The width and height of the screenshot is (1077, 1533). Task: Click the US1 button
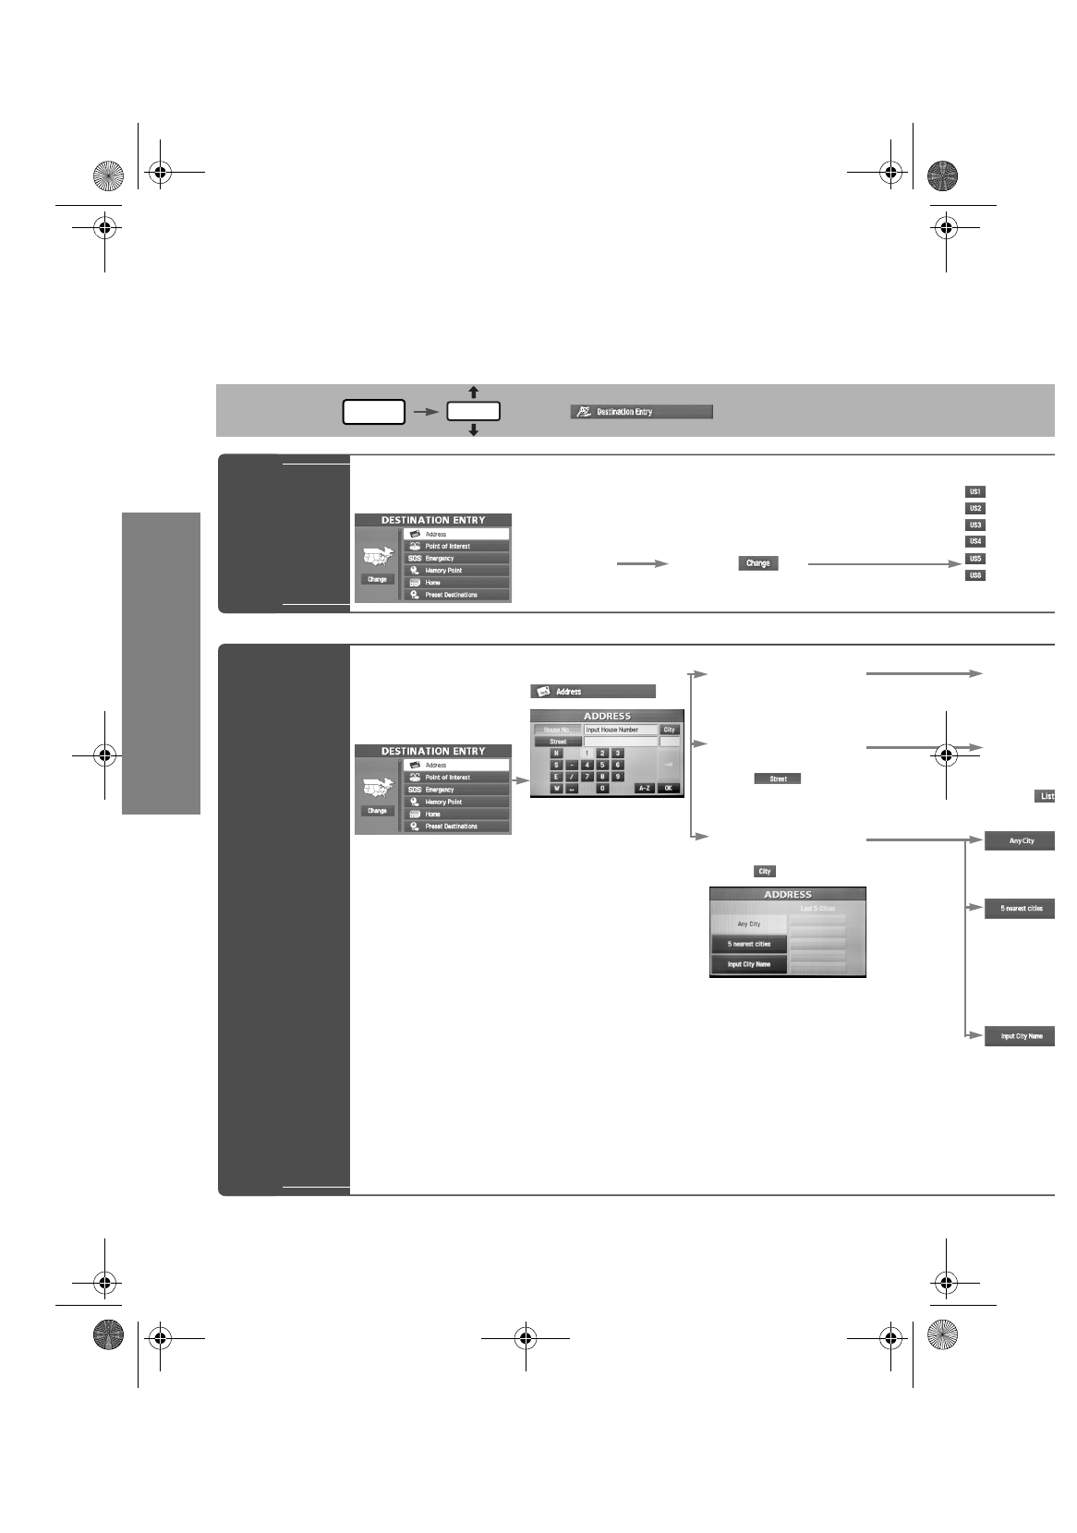click(975, 492)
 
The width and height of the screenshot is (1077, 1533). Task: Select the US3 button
click(975, 525)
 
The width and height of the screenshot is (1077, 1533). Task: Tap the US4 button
click(975, 542)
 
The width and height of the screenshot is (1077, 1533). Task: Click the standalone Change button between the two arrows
click(757, 563)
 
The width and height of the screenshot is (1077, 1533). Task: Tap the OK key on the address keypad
click(669, 789)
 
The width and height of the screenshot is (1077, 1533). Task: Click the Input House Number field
click(620, 730)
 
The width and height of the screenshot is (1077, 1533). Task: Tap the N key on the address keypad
click(556, 754)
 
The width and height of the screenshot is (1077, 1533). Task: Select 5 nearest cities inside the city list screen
click(749, 944)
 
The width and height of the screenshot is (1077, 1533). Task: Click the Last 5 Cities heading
click(817, 909)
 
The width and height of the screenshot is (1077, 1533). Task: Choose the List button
click(1046, 796)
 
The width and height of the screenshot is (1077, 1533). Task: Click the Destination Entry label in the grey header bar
click(641, 412)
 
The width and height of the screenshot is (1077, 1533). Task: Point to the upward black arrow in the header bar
click(473, 392)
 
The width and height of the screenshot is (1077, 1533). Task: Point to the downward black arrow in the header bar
click(473, 429)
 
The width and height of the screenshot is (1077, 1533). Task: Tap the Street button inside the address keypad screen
click(558, 742)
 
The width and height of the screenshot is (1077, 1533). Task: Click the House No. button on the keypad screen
click(558, 730)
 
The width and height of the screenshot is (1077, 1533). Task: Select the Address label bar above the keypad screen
click(592, 692)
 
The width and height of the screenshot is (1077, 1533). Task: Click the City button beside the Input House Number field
click(670, 730)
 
